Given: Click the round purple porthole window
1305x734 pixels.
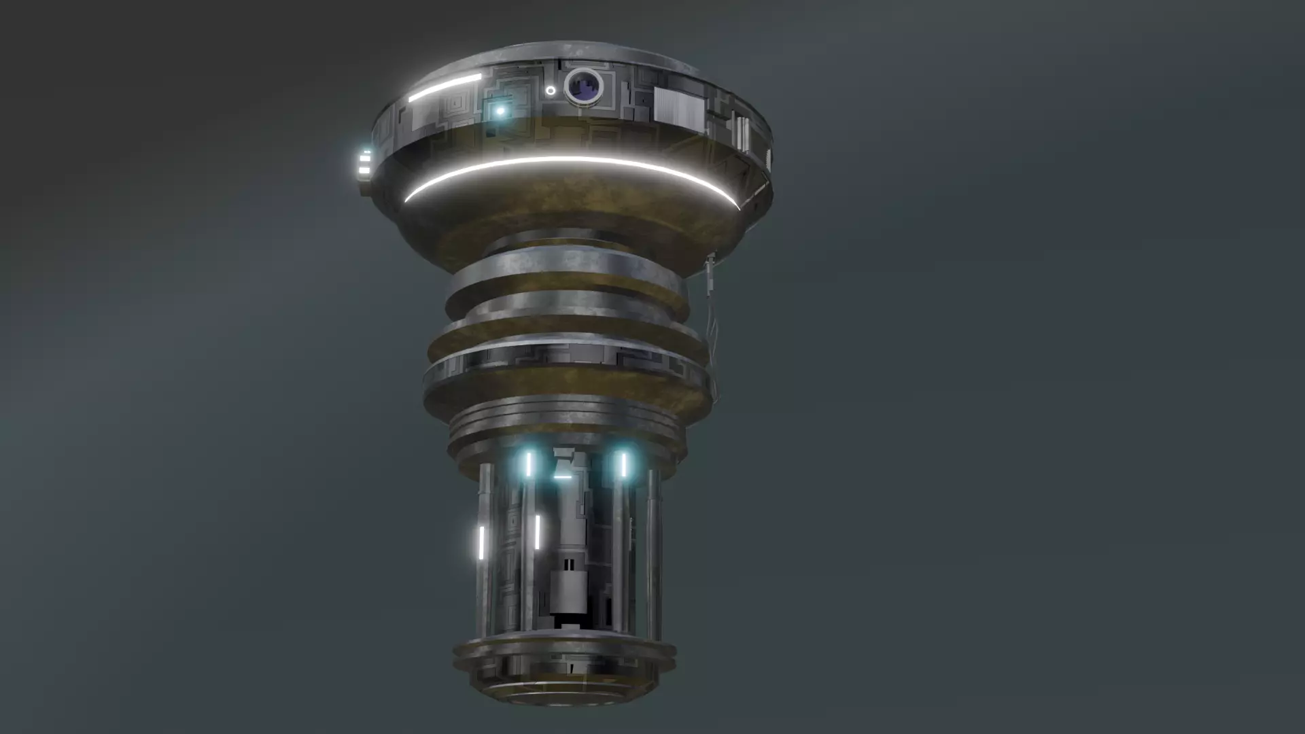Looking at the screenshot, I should pos(585,86).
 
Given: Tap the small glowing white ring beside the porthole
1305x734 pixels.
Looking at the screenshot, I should pos(550,90).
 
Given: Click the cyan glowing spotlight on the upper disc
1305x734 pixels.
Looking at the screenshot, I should pos(501,111).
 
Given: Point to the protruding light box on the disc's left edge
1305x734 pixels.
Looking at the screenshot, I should pos(365,164).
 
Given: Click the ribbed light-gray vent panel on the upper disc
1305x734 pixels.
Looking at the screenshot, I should pos(678,108).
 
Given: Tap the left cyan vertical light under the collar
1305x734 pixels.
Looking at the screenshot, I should pos(528,464).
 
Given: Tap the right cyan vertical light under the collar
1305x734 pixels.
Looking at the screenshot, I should pos(623,464).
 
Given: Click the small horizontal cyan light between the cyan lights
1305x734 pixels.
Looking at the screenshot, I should pos(563,477).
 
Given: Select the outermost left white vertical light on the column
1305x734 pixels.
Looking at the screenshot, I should pos(481,542).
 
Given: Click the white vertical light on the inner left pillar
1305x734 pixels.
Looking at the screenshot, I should pos(537,531).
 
